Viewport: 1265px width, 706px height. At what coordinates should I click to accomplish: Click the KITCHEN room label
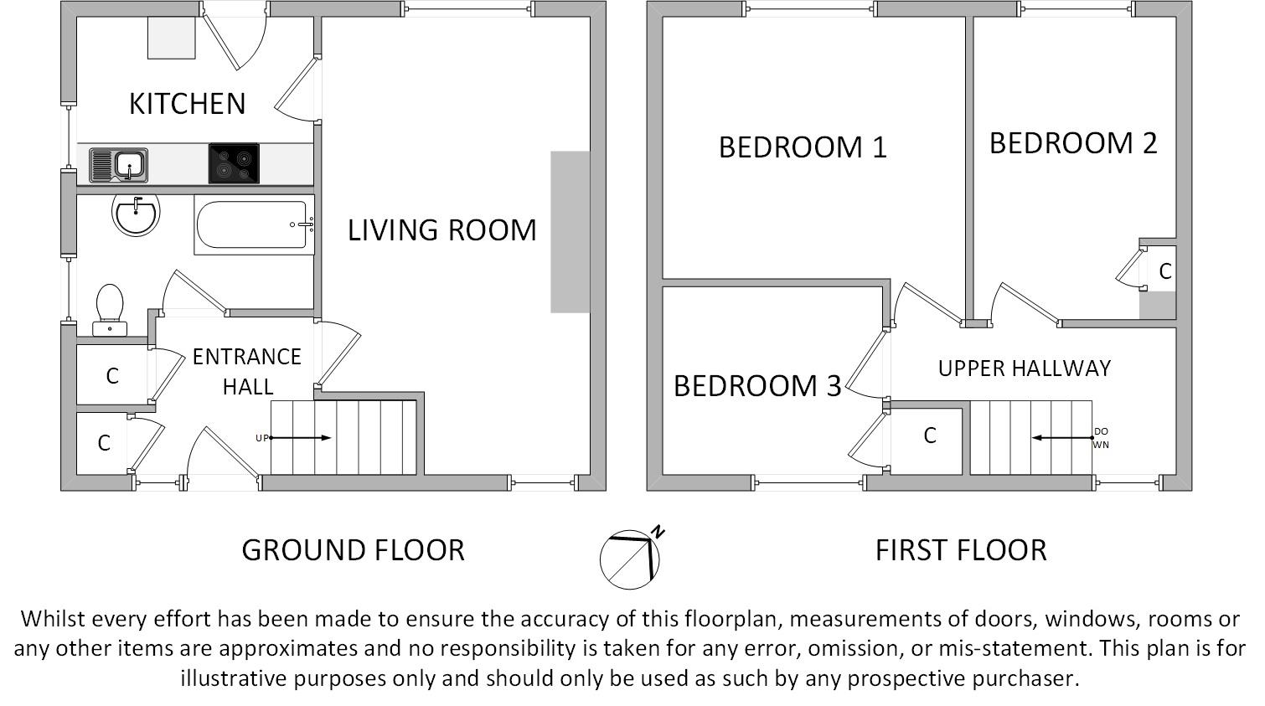187,104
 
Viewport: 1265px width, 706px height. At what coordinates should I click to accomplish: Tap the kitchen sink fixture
118,165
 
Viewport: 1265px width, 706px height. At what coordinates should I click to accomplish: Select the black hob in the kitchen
234,164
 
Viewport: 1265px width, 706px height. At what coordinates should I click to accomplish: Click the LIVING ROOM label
441,230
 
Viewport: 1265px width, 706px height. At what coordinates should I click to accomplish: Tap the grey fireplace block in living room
570,232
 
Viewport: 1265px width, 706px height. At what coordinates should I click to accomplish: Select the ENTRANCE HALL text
246,371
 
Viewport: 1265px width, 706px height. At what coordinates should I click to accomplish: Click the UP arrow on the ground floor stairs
300,438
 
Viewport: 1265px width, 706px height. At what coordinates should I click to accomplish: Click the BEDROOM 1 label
803,147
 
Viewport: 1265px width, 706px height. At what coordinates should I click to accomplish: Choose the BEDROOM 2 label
1073,143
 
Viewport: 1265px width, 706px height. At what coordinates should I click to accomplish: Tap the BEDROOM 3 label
756,386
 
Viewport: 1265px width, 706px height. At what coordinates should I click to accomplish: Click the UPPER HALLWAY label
1024,368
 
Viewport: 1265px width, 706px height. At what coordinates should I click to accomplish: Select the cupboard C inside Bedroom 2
1164,271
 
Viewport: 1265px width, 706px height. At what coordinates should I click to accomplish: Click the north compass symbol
631,558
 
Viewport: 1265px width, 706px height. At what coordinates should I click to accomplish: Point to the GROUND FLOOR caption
353,550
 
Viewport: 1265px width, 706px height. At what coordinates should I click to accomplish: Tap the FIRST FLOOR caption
961,550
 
